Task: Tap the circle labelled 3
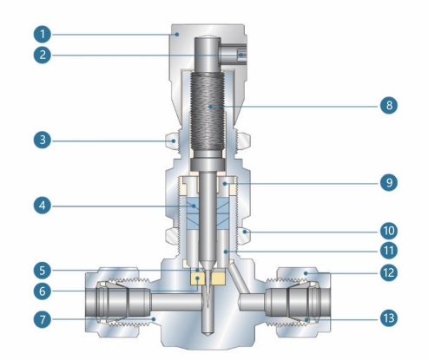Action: pos(36,139)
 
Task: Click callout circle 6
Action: pos(36,291)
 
